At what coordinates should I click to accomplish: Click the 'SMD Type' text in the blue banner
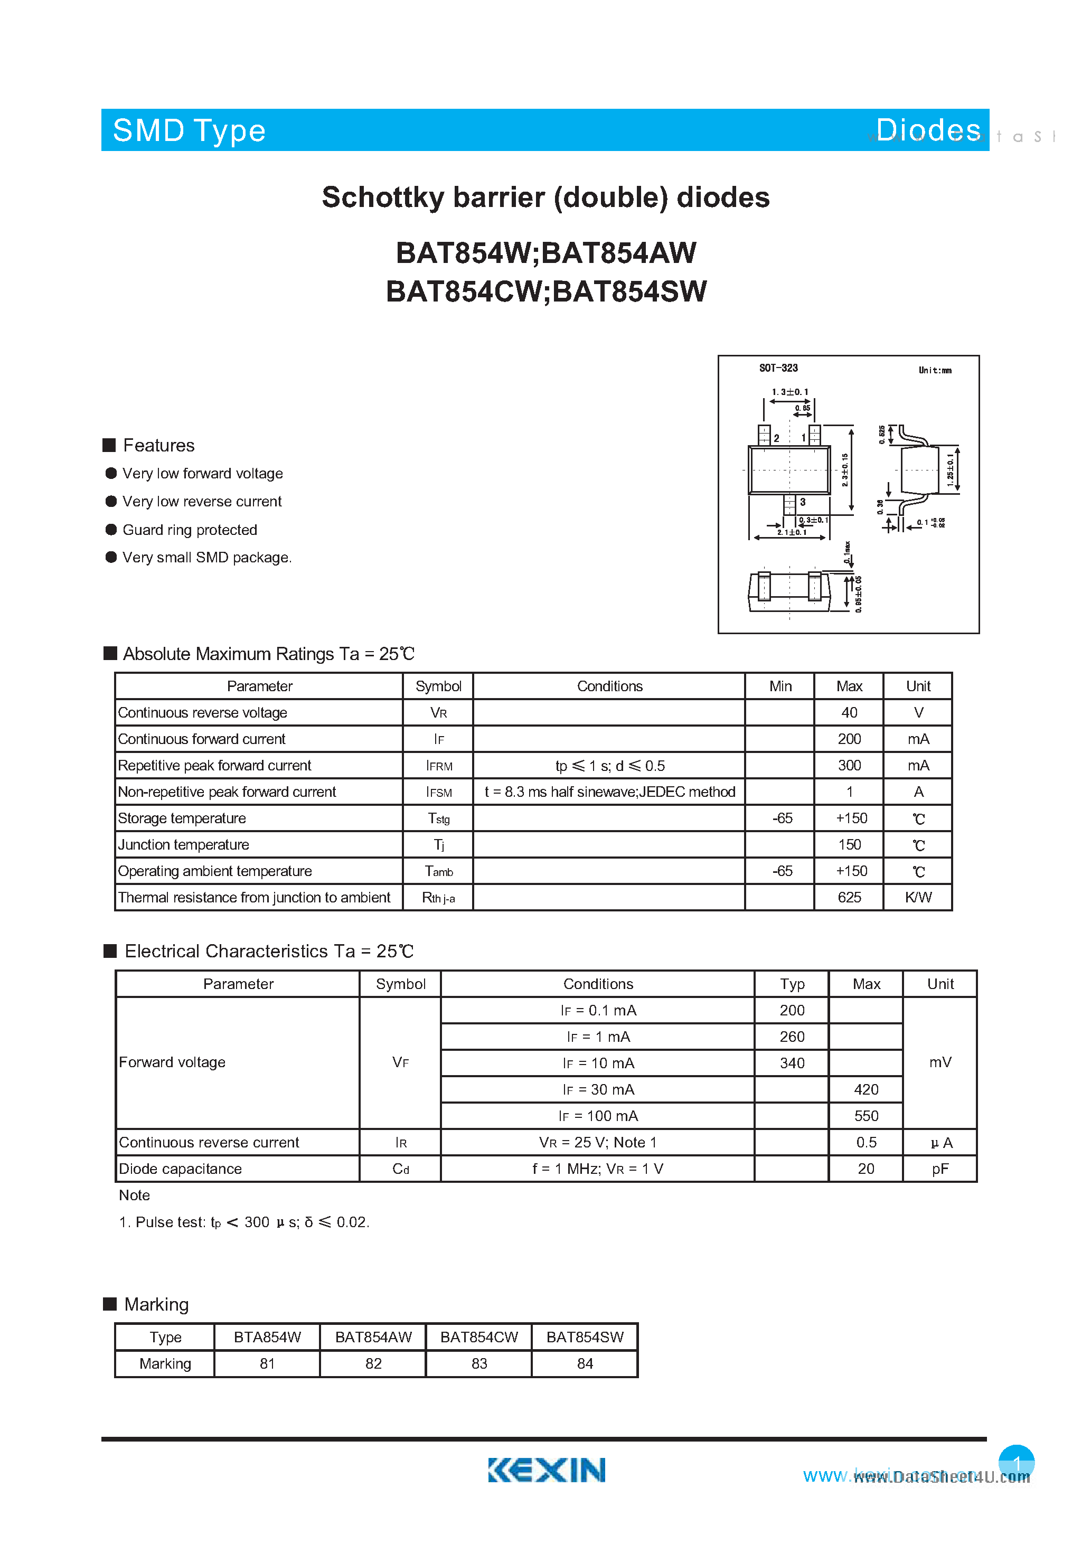point(189,130)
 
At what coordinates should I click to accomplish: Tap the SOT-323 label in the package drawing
point(778,368)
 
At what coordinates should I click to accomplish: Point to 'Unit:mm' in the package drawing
point(934,370)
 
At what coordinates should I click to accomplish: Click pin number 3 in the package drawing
point(803,502)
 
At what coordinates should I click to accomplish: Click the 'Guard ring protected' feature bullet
point(189,530)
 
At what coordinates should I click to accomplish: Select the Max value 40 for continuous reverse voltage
point(849,712)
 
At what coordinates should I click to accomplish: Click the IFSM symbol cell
point(438,792)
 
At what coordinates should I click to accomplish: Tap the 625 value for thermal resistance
point(849,897)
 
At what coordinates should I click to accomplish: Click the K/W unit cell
point(918,897)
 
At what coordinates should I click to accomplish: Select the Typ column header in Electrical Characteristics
point(792,984)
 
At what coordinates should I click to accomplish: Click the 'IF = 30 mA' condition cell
point(598,1089)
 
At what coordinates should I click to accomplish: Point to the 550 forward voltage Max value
point(866,1116)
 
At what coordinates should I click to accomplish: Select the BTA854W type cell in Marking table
point(267,1337)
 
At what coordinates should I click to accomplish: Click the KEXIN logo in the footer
point(546,1470)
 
